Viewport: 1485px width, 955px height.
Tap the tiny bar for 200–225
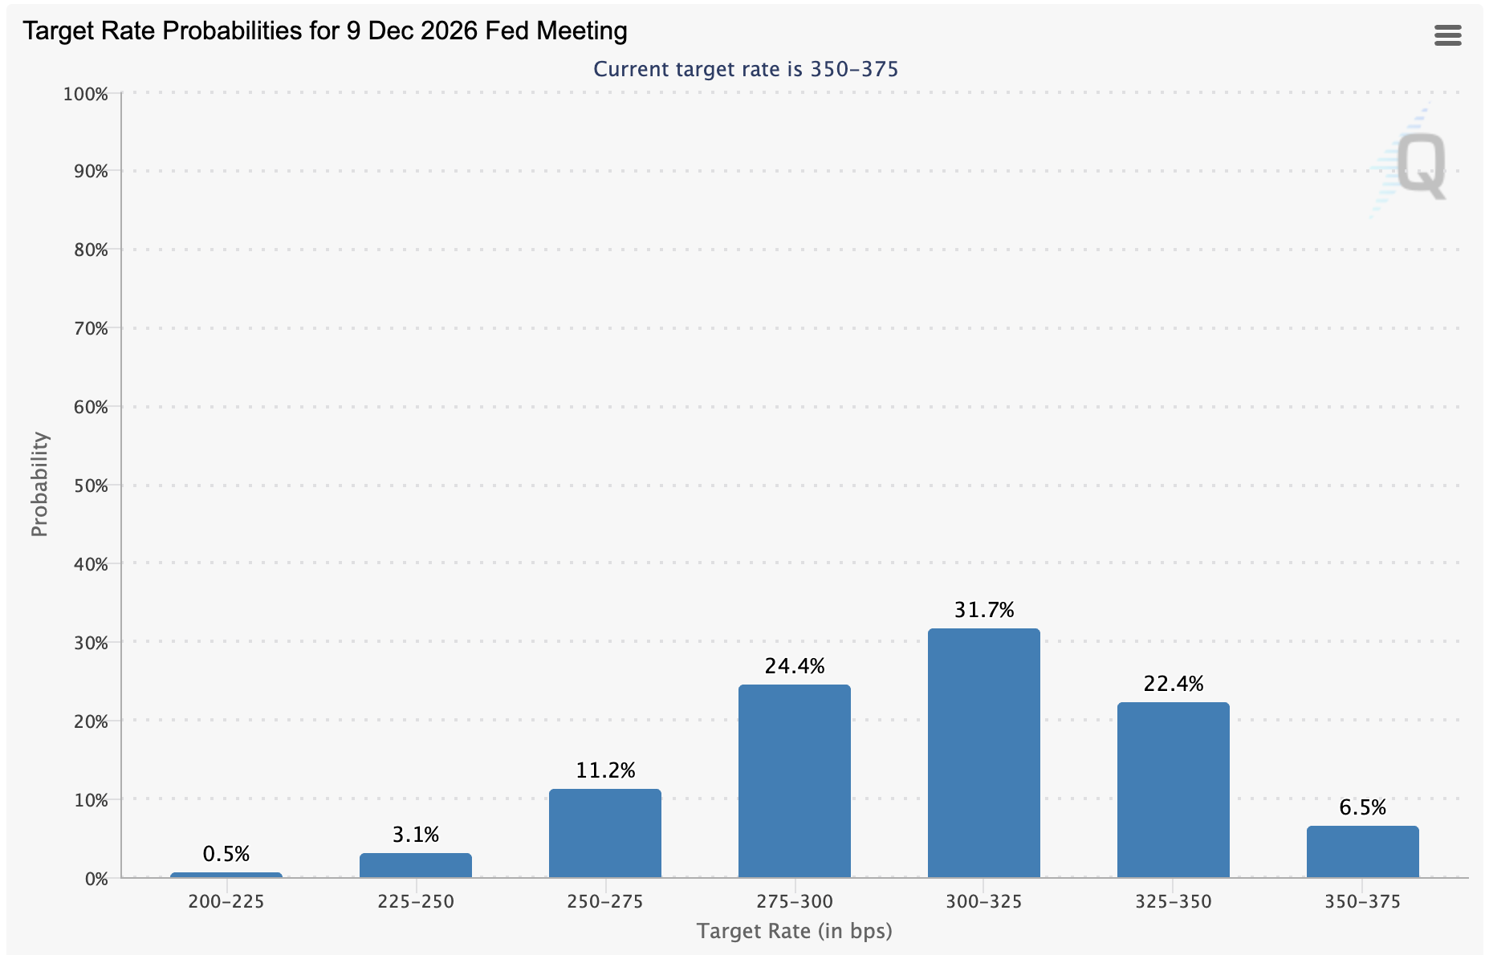226,875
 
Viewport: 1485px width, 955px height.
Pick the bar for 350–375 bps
1362,851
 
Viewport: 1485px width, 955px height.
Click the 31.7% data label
984,611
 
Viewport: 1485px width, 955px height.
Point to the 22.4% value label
1173,684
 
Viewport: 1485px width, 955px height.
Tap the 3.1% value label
416,835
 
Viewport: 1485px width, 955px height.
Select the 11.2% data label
605,771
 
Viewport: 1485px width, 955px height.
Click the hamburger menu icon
1447,35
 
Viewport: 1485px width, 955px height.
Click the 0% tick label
95,879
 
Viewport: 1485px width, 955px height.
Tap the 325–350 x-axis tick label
1173,902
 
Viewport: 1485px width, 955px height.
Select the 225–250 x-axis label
416,902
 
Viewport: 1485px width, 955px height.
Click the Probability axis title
39,484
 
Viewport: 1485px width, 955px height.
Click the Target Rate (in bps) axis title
794,931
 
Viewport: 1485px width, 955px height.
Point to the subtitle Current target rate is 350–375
746,69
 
